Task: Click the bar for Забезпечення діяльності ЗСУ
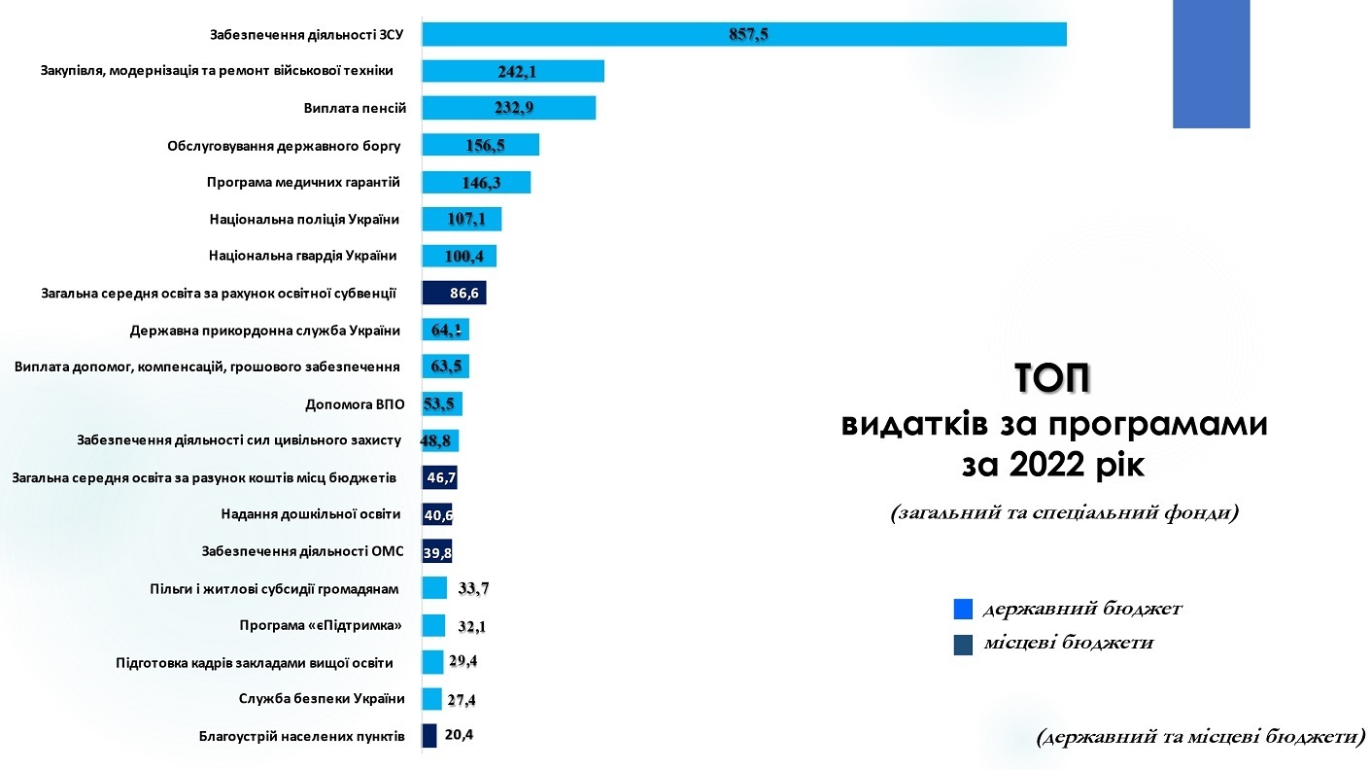click(743, 34)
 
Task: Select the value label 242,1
click(513, 71)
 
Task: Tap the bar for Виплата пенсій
click(508, 108)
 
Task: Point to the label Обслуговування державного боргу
click(284, 146)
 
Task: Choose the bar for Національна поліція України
click(462, 220)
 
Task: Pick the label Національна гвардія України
click(303, 256)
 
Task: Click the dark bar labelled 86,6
click(454, 293)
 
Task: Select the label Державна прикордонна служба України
click(265, 331)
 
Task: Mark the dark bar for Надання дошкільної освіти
click(436, 514)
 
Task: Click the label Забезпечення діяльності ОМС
click(302, 551)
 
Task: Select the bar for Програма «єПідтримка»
click(433, 625)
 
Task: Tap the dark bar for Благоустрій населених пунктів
click(429, 736)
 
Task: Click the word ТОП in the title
click(1052, 379)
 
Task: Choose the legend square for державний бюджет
click(963, 610)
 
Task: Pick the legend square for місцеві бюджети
click(963, 644)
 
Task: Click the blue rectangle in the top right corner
click(1211, 64)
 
